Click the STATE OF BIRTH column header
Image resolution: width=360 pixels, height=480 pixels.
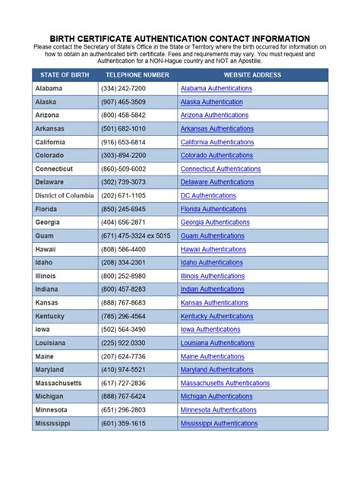[x=64, y=75]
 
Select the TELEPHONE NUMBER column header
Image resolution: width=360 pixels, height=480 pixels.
[x=137, y=75]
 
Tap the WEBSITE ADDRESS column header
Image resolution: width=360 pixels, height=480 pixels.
[x=252, y=75]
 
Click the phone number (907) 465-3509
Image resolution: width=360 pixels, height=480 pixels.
[x=123, y=102]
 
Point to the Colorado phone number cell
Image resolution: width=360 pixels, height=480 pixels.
[x=124, y=156]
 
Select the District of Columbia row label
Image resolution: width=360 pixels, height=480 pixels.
[x=65, y=195]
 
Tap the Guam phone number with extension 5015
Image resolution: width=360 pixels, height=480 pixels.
[x=135, y=235]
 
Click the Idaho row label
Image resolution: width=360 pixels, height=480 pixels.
[x=46, y=263]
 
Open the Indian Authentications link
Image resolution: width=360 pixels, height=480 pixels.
[x=212, y=289]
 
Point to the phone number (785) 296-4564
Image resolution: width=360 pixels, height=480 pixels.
[x=123, y=316]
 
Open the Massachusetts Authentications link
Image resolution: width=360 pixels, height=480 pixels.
[x=225, y=384]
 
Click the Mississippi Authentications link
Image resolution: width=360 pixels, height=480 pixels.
[x=219, y=423]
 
